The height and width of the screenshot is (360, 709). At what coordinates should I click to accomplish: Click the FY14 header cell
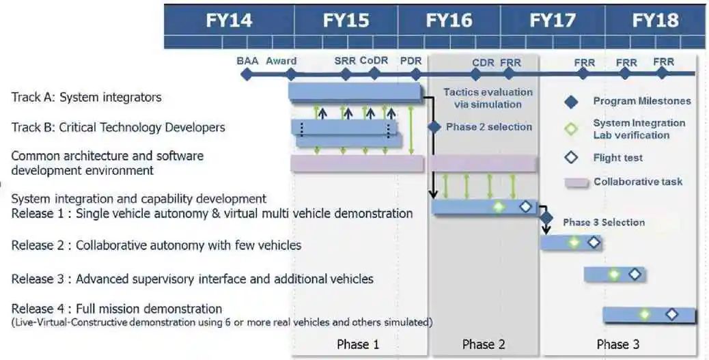229,20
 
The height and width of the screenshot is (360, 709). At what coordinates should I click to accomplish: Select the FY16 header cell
449,20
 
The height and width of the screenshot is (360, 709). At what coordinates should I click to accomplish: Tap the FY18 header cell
655,20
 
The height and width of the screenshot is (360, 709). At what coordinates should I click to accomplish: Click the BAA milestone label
247,61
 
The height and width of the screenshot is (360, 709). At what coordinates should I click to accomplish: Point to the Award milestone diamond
291,74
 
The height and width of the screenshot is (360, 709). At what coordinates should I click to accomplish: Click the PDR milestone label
411,61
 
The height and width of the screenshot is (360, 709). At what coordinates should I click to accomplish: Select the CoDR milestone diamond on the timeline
374,74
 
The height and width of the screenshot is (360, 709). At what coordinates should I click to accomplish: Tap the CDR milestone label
483,63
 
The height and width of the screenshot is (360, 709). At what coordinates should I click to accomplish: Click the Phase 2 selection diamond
434,127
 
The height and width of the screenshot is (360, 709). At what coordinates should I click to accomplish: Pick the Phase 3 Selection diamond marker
546,218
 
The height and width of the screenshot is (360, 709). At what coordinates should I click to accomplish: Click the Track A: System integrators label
87,97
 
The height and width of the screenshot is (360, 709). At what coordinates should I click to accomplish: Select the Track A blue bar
354,92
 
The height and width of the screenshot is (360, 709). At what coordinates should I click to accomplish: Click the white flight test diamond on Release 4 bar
671,314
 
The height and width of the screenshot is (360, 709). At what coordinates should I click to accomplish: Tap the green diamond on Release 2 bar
574,242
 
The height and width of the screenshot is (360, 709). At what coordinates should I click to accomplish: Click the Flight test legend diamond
572,158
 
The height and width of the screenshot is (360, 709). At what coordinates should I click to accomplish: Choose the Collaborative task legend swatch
576,182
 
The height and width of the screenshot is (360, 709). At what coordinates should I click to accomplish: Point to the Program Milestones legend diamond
572,102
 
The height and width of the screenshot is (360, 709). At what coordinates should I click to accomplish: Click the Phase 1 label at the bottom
358,344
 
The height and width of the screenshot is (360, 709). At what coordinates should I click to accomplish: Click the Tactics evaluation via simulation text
488,98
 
